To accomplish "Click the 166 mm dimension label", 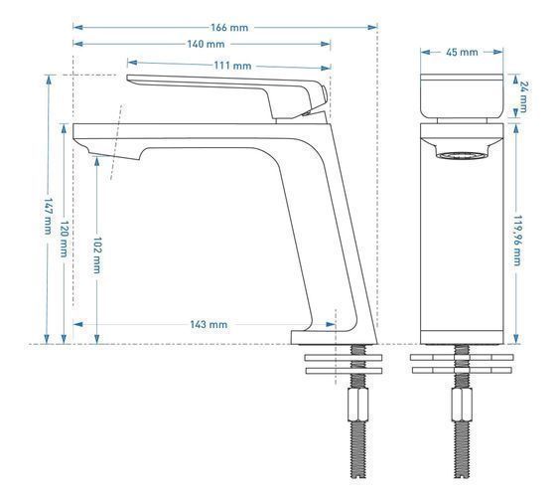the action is point(229,28).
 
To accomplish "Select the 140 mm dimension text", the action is point(206,44).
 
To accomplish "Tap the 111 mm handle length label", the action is point(232,66).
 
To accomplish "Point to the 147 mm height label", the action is point(48,217).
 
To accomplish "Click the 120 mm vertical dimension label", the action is point(64,239).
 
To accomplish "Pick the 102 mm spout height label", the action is point(97,255).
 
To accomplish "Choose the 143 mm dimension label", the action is point(209,324).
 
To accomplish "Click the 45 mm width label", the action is point(462,52).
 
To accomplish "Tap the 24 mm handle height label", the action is point(523,97).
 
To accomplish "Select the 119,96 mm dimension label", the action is point(517,241).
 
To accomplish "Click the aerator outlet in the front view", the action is point(462,155).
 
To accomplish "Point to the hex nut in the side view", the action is point(357,405).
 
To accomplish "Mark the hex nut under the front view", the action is point(462,405).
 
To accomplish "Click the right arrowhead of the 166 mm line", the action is point(372,27).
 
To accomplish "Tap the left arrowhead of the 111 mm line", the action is point(132,63).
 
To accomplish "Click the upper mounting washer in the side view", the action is point(344,358).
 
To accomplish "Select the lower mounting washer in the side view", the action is point(344,371).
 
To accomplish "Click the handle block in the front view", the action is point(462,95).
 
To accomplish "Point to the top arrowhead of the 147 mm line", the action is point(48,80).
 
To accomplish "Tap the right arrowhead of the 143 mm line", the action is point(331,324).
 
